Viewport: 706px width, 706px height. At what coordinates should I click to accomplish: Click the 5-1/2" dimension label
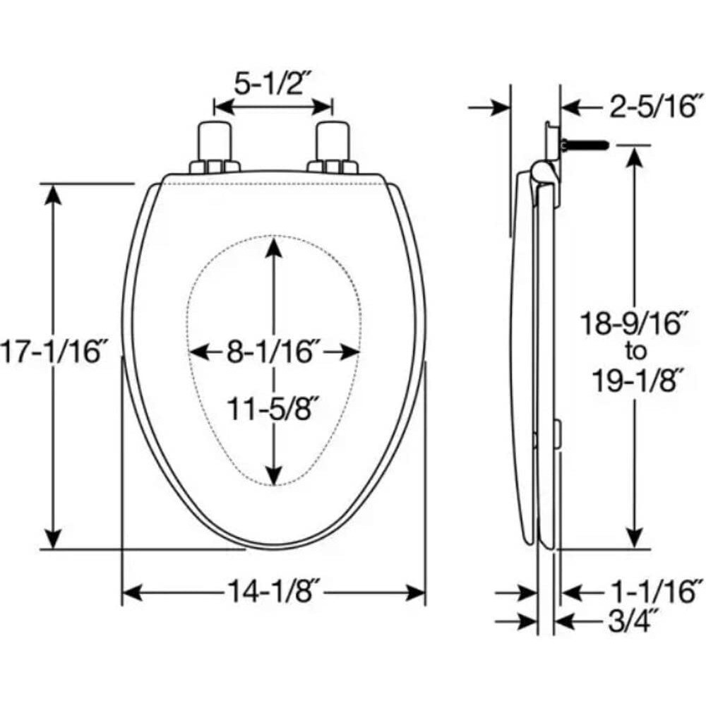[x=273, y=83]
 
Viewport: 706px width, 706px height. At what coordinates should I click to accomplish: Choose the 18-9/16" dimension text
[x=635, y=323]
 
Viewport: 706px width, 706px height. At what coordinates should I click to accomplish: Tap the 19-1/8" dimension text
[x=635, y=379]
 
